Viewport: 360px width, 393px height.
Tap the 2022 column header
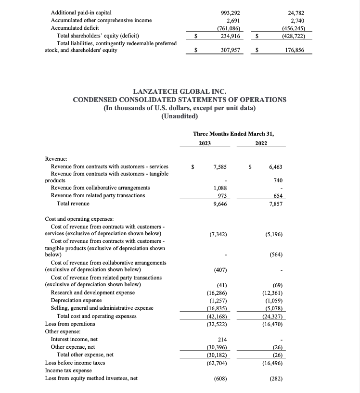click(x=261, y=143)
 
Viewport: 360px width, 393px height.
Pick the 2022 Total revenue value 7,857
click(x=275, y=204)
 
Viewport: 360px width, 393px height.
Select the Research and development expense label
click(x=93, y=292)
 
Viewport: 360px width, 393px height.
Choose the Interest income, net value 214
click(x=222, y=339)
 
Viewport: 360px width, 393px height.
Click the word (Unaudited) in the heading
click(x=180, y=117)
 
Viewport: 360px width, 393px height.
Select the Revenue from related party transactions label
click(x=98, y=195)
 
